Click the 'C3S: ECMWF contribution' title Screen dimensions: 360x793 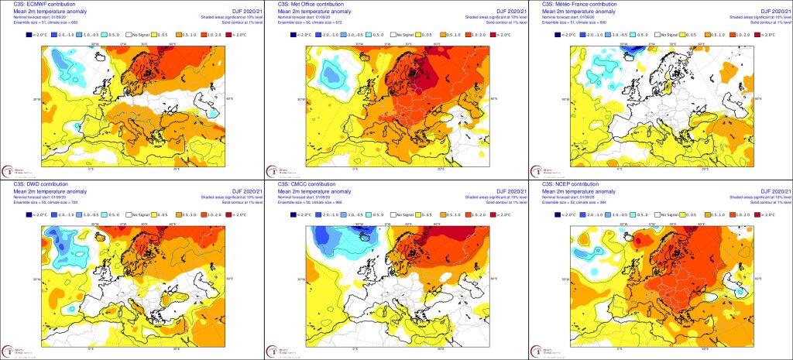[32, 4]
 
